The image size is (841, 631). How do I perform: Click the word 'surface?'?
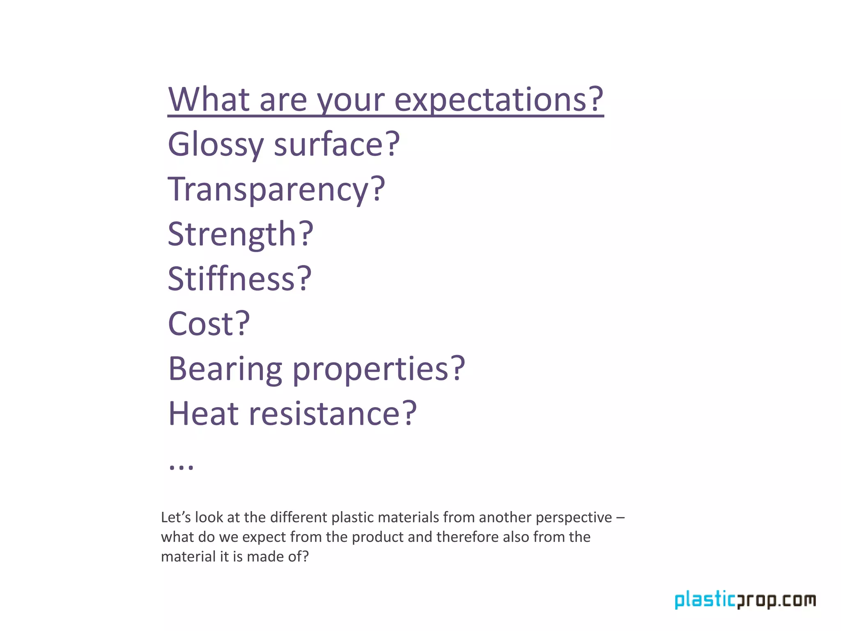[336, 145]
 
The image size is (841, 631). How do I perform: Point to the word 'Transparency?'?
[276, 190]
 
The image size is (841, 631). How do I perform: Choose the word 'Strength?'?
[240, 234]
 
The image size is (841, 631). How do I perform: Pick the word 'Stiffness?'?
[240, 279]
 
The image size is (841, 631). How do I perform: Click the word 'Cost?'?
[209, 324]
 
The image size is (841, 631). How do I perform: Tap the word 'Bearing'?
[225, 369]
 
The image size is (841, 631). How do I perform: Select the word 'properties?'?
[379, 369]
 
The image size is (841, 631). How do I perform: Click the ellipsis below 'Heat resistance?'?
[181, 467]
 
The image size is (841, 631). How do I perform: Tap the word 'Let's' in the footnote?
[176, 517]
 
